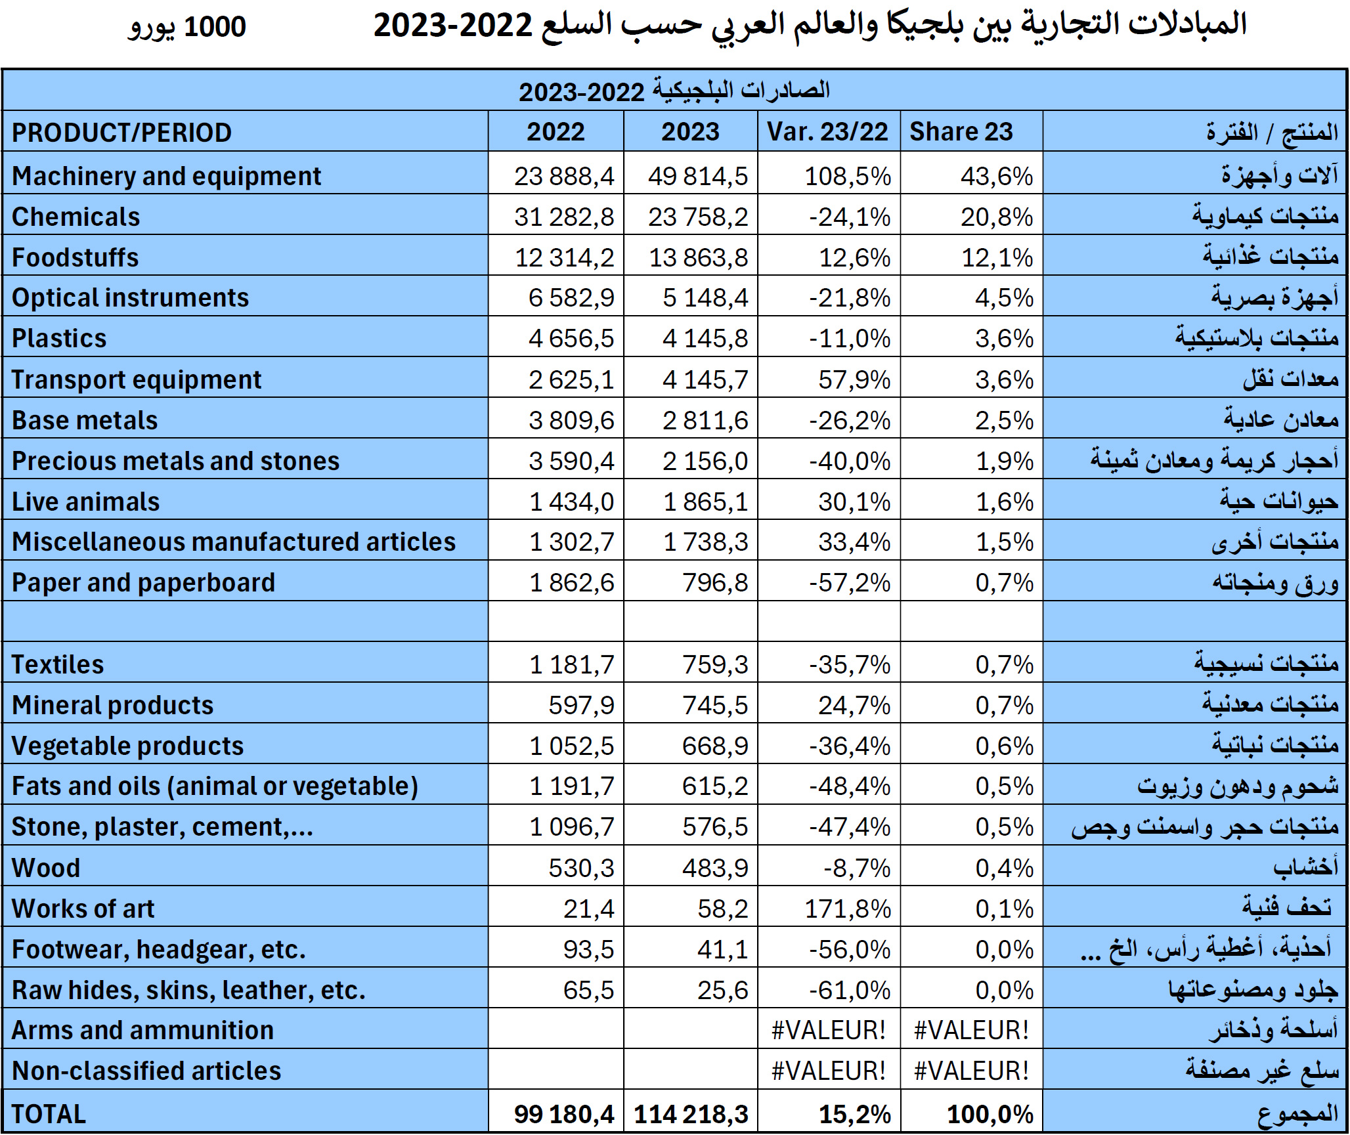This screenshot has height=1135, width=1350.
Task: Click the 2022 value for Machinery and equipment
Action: click(564, 176)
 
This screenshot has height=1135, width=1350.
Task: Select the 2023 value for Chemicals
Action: click(698, 217)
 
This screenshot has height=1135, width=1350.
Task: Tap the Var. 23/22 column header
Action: click(827, 132)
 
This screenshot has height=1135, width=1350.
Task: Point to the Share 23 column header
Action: click(961, 132)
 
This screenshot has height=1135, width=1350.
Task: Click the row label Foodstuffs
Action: click(76, 257)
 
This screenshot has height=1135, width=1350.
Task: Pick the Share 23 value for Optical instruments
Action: click(1004, 298)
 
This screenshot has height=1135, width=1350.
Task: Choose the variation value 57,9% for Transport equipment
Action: click(854, 379)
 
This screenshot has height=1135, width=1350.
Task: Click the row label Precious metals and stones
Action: click(176, 461)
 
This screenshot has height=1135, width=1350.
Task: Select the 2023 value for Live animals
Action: click(705, 502)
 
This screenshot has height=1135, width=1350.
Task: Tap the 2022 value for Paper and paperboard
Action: click(571, 583)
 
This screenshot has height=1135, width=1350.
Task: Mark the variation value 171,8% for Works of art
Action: click(848, 909)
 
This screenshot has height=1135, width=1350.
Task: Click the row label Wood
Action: click(46, 868)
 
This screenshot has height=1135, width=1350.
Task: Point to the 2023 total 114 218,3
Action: click(691, 1114)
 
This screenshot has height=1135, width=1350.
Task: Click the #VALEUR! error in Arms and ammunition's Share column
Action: click(971, 1030)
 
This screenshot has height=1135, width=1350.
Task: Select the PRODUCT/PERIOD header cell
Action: click(122, 133)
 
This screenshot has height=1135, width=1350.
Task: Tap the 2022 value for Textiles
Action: click(571, 664)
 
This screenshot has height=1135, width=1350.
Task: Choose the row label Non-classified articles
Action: click(146, 1071)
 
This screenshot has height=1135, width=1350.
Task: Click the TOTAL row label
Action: click(49, 1114)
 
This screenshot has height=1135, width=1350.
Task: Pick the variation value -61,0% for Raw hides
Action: click(850, 990)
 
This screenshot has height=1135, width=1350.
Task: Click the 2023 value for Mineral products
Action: click(715, 705)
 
